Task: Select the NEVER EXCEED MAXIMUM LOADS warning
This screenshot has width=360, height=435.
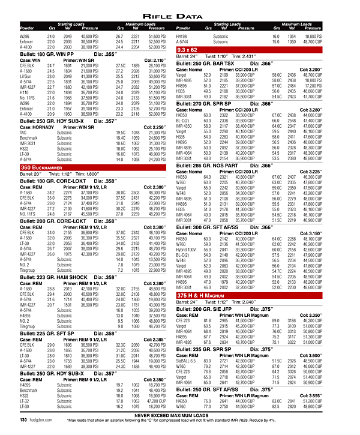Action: [180, 415]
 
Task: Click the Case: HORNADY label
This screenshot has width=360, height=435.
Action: [35, 127]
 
